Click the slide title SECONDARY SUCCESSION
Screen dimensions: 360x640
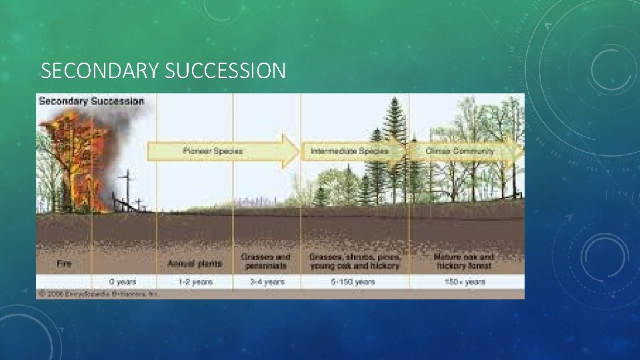tap(163, 71)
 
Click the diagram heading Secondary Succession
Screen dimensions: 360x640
tap(91, 101)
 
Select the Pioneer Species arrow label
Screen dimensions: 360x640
tap(213, 151)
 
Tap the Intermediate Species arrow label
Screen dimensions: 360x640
tap(349, 151)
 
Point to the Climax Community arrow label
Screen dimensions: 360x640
tap(460, 151)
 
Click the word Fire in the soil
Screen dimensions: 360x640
tap(64, 264)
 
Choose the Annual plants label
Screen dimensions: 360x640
tap(195, 264)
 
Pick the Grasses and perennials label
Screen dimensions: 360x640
tap(266, 261)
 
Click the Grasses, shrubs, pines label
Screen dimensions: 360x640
tap(355, 261)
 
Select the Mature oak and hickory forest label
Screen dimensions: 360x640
tap(464, 261)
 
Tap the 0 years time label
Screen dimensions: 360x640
tap(123, 282)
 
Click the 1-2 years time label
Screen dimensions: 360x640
tap(195, 282)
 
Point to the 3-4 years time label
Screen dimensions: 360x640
tap(267, 282)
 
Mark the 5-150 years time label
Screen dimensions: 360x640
tap(355, 282)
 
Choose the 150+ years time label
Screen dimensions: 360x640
tap(465, 282)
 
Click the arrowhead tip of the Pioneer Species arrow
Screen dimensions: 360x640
tap(297, 151)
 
